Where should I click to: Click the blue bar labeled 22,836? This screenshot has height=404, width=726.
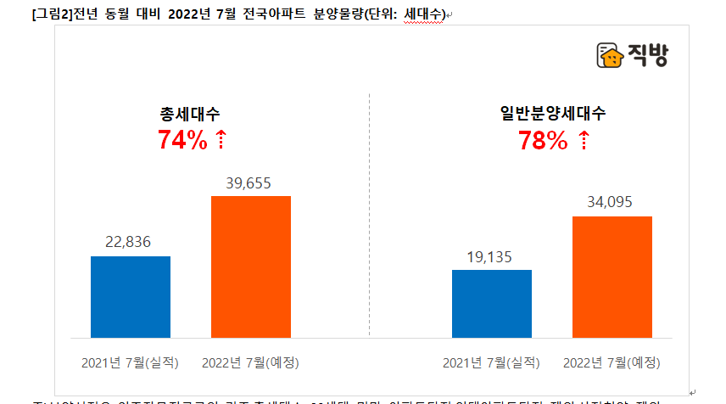[130, 297]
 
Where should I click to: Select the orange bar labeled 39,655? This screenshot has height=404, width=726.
[250, 267]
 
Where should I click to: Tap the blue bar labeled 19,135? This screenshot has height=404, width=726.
[491, 304]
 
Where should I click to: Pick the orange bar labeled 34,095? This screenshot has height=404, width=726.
[612, 277]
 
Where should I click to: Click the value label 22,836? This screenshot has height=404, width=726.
[128, 242]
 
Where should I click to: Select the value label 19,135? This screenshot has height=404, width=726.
[490, 255]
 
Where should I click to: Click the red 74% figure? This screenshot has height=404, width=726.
[182, 141]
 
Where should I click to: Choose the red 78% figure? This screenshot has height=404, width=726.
[543, 141]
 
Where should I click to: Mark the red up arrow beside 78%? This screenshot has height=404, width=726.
[584, 141]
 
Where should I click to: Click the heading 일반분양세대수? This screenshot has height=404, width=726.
[552, 114]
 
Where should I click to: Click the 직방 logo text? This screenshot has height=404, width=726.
[649, 56]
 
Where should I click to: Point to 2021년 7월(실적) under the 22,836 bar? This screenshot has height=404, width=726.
[130, 362]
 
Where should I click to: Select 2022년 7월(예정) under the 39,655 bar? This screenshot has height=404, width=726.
[250, 362]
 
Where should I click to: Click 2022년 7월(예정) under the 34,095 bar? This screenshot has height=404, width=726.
[612, 362]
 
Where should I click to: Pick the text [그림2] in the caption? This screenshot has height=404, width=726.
[47, 13]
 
